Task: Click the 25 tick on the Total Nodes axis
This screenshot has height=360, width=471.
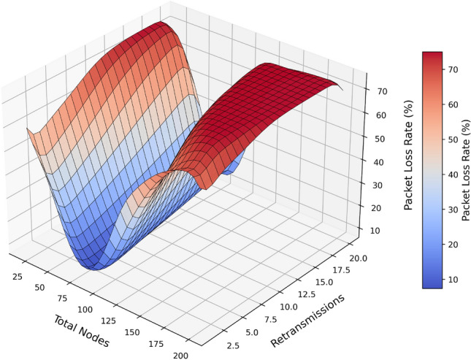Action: click(x=24, y=261)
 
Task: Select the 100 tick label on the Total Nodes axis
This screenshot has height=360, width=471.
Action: click(x=85, y=309)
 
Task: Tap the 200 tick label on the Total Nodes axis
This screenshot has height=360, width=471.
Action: click(x=180, y=356)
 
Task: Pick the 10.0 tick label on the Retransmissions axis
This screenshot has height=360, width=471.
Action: click(x=289, y=307)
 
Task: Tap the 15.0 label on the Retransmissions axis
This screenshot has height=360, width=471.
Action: click(x=324, y=282)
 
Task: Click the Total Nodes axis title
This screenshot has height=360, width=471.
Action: click(x=81, y=331)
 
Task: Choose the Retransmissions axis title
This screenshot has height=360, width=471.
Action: click(x=307, y=321)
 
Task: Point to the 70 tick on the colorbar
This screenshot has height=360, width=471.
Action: click(x=444, y=69)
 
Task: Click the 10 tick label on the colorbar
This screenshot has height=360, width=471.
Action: click(x=453, y=280)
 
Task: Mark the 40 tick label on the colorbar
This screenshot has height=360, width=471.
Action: click(x=453, y=175)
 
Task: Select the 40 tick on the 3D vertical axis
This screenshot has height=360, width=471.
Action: click(x=364, y=161)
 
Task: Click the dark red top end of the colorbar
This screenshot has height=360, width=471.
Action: click(x=432, y=53)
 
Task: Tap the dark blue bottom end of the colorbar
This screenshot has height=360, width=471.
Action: click(x=432, y=286)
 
